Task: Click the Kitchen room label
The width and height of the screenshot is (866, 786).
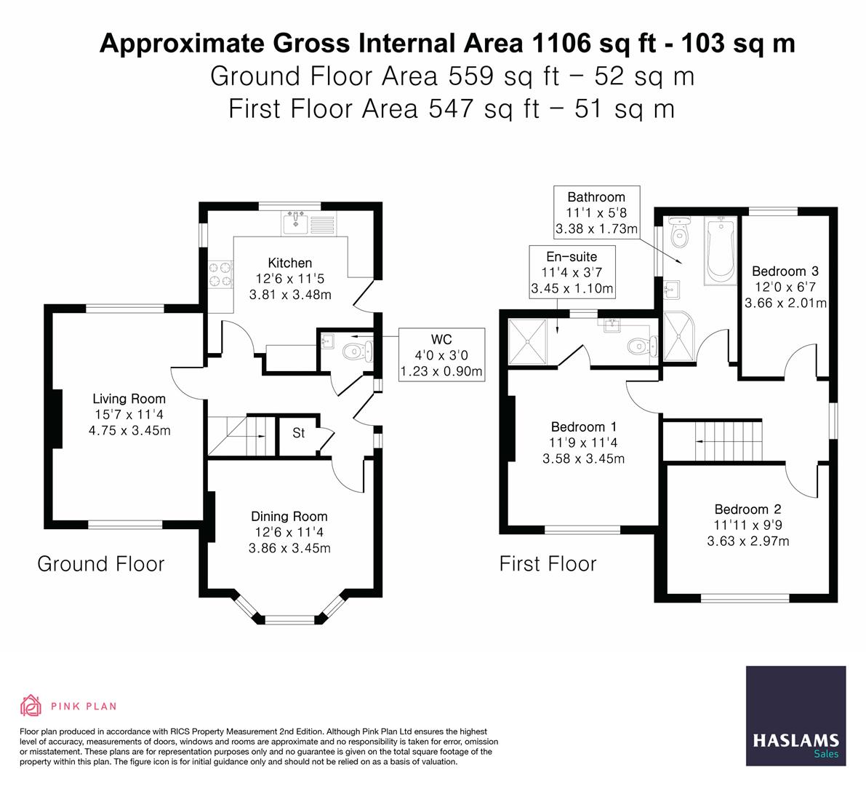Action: click(289, 263)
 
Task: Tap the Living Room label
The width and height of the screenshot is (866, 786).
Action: click(129, 399)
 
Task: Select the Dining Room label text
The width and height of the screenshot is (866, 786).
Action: click(289, 517)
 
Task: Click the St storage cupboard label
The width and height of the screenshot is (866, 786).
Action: click(298, 434)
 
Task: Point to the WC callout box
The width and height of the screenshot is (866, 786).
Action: click(441, 354)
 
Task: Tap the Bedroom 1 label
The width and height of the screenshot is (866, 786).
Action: click(583, 427)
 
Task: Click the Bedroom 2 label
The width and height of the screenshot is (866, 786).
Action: click(747, 509)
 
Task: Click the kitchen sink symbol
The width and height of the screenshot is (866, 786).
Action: click(297, 219)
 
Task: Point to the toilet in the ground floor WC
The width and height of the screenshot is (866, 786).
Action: click(356, 352)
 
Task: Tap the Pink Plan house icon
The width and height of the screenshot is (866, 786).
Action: click(31, 705)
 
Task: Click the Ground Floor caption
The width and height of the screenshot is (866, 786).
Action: click(100, 564)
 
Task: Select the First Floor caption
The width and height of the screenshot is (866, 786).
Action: click(548, 564)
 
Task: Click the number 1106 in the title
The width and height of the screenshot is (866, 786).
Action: click(558, 44)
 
